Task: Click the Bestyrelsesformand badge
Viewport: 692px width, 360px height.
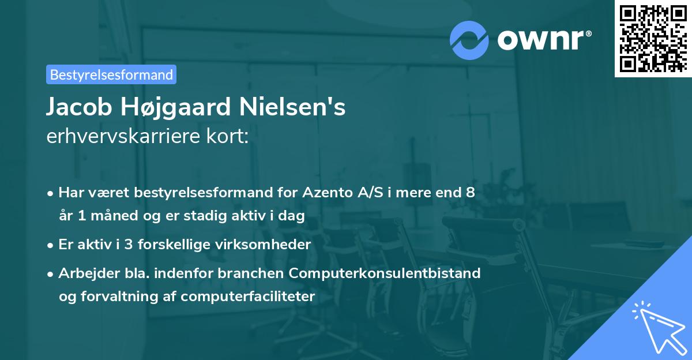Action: tap(111, 74)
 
